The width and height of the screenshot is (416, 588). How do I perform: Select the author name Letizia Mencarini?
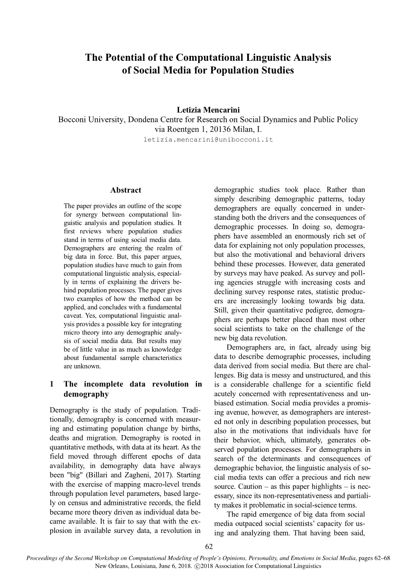click(208, 110)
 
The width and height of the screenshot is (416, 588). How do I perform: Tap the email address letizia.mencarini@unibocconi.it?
click(208, 139)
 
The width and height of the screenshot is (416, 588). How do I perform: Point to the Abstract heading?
click(126, 190)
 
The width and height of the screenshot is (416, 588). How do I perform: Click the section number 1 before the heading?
click(51, 384)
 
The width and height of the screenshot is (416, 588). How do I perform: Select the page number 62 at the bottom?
click(208, 547)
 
